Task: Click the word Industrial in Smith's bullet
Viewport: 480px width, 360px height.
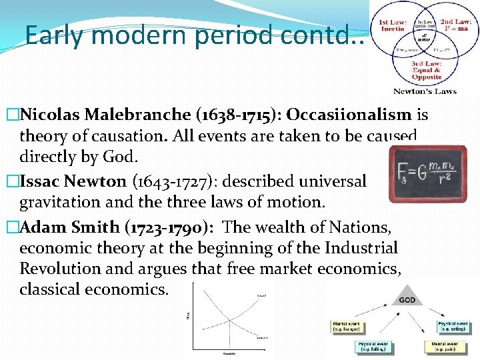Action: [364, 248]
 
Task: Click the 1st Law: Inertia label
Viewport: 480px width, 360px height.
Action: [391, 27]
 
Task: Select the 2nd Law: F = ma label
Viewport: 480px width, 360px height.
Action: [456, 27]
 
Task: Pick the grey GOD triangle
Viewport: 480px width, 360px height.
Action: [407, 297]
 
